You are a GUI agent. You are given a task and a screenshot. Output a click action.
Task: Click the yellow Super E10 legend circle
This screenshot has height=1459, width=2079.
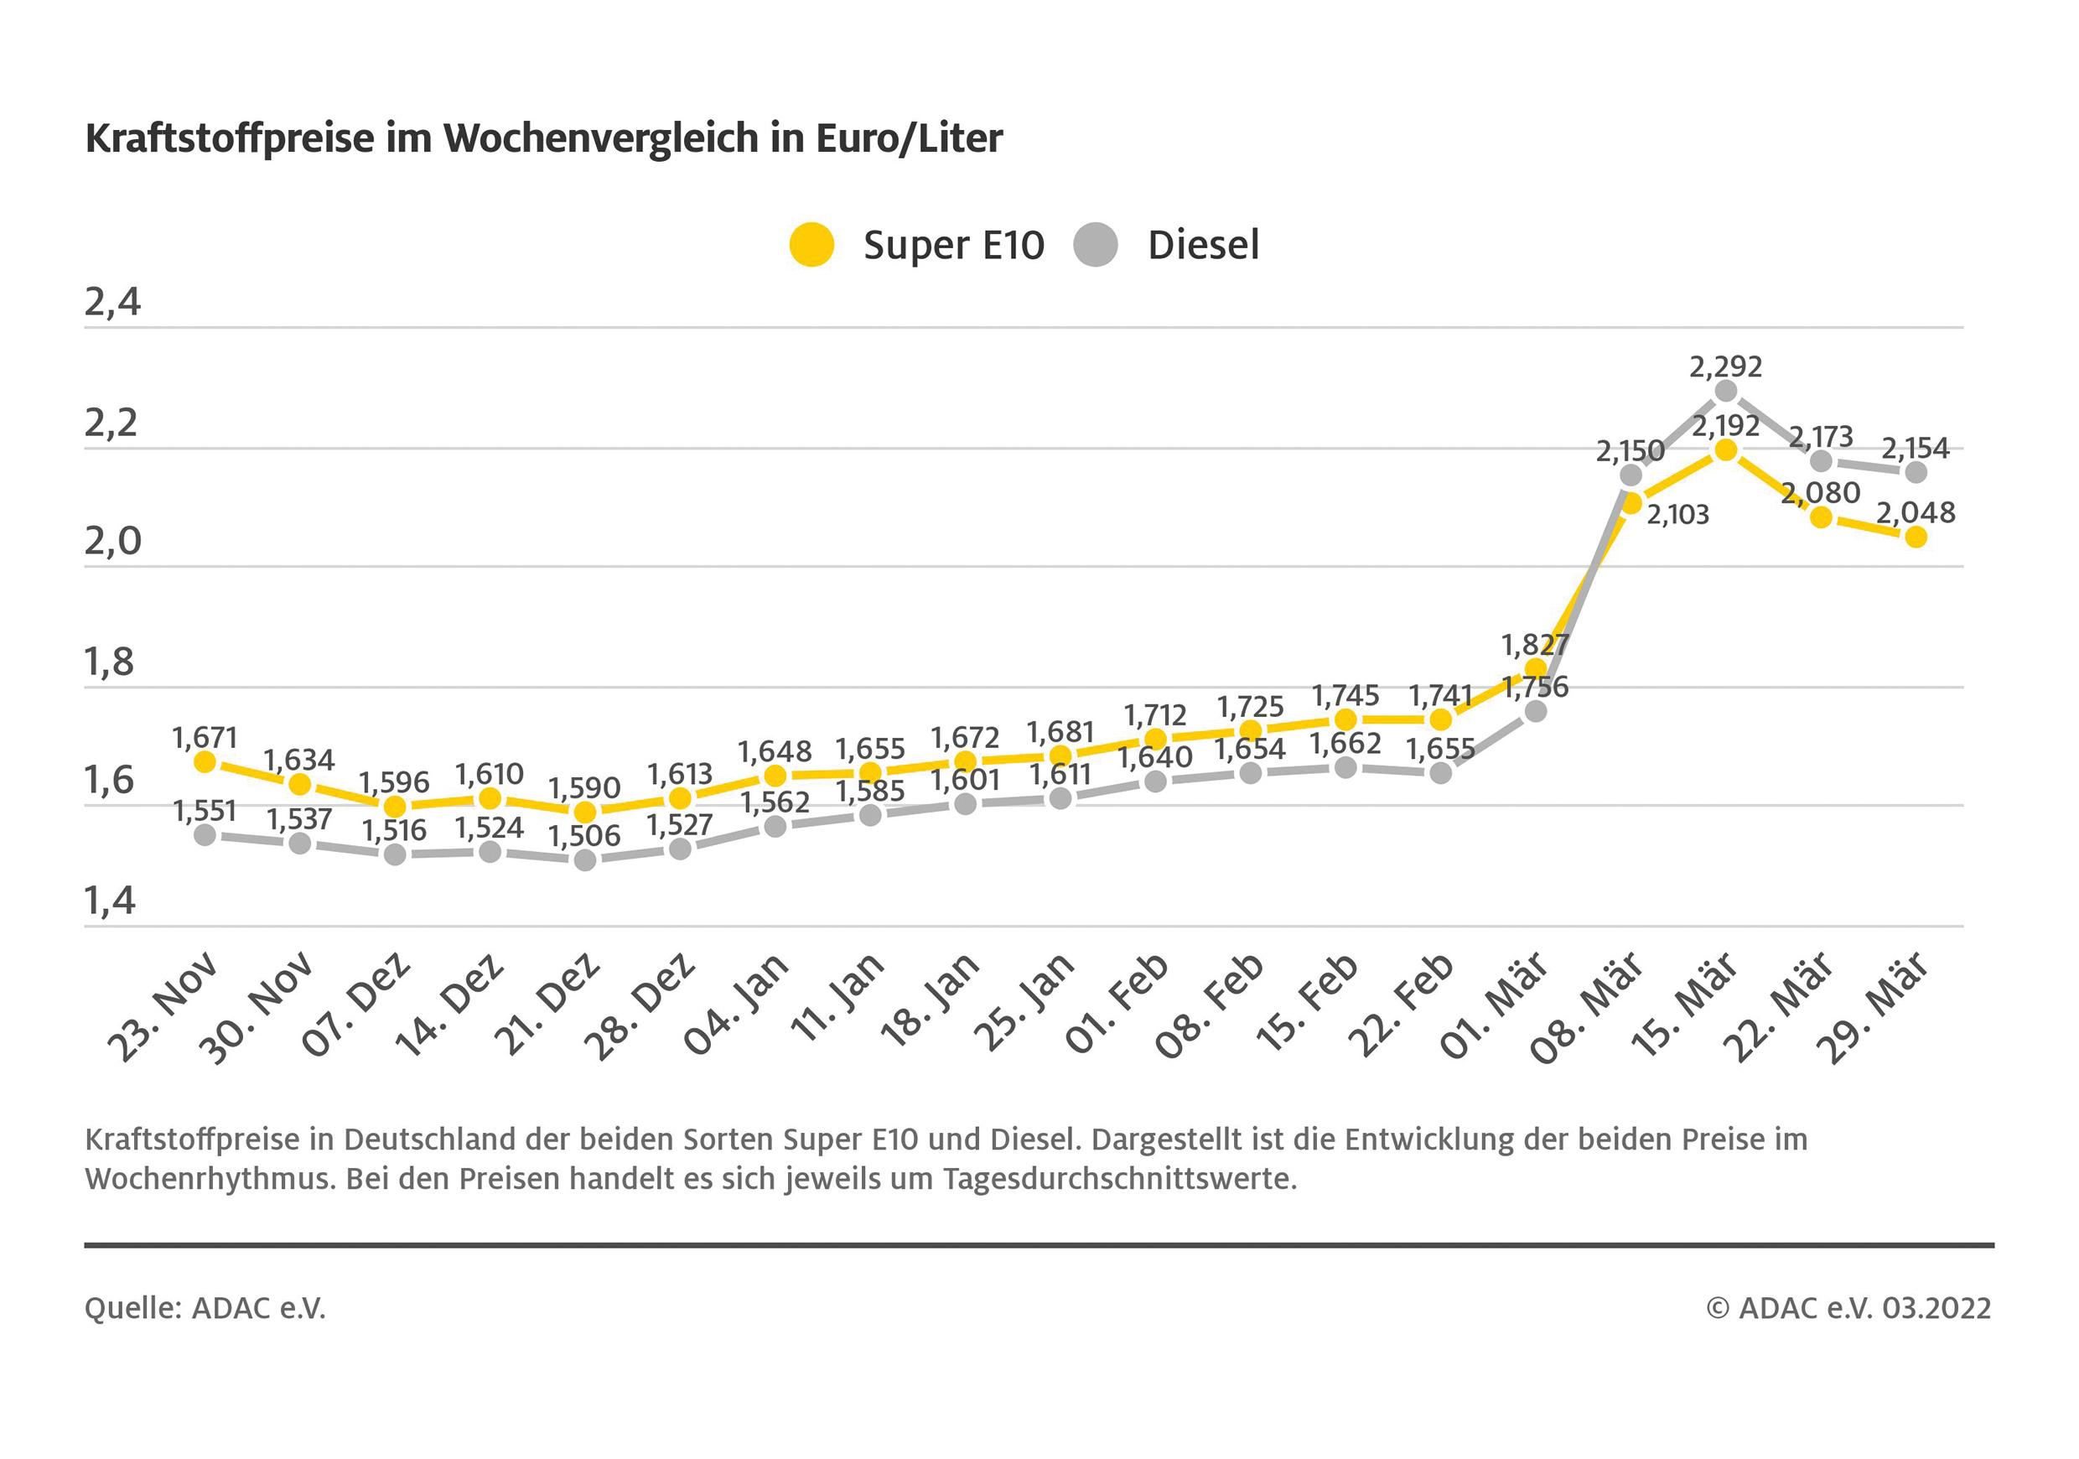point(811,245)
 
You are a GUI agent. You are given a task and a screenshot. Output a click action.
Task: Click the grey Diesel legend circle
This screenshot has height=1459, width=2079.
point(1096,245)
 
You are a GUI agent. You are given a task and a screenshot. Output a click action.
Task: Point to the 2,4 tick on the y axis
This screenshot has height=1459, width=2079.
point(113,303)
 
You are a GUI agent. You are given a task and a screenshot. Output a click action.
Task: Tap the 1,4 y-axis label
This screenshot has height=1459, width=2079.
point(111,901)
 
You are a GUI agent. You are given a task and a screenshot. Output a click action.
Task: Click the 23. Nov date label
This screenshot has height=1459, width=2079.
point(163,1007)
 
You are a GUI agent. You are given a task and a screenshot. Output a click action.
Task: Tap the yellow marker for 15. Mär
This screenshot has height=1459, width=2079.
point(1726,449)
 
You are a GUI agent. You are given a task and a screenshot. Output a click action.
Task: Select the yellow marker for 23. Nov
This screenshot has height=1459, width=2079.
point(205,761)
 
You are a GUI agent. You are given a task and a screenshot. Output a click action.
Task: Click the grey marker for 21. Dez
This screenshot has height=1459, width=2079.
point(585,859)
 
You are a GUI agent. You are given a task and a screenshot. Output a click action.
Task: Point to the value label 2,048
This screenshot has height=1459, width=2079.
point(1915,512)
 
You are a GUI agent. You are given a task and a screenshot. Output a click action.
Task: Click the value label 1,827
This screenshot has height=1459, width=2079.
point(1535,645)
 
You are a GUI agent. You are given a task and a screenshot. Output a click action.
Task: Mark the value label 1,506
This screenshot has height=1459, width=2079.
point(584,835)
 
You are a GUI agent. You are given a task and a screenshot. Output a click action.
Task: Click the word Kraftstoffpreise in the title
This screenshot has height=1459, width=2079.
point(230,138)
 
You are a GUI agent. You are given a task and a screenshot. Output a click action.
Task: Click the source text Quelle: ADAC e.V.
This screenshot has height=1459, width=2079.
point(205,1308)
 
